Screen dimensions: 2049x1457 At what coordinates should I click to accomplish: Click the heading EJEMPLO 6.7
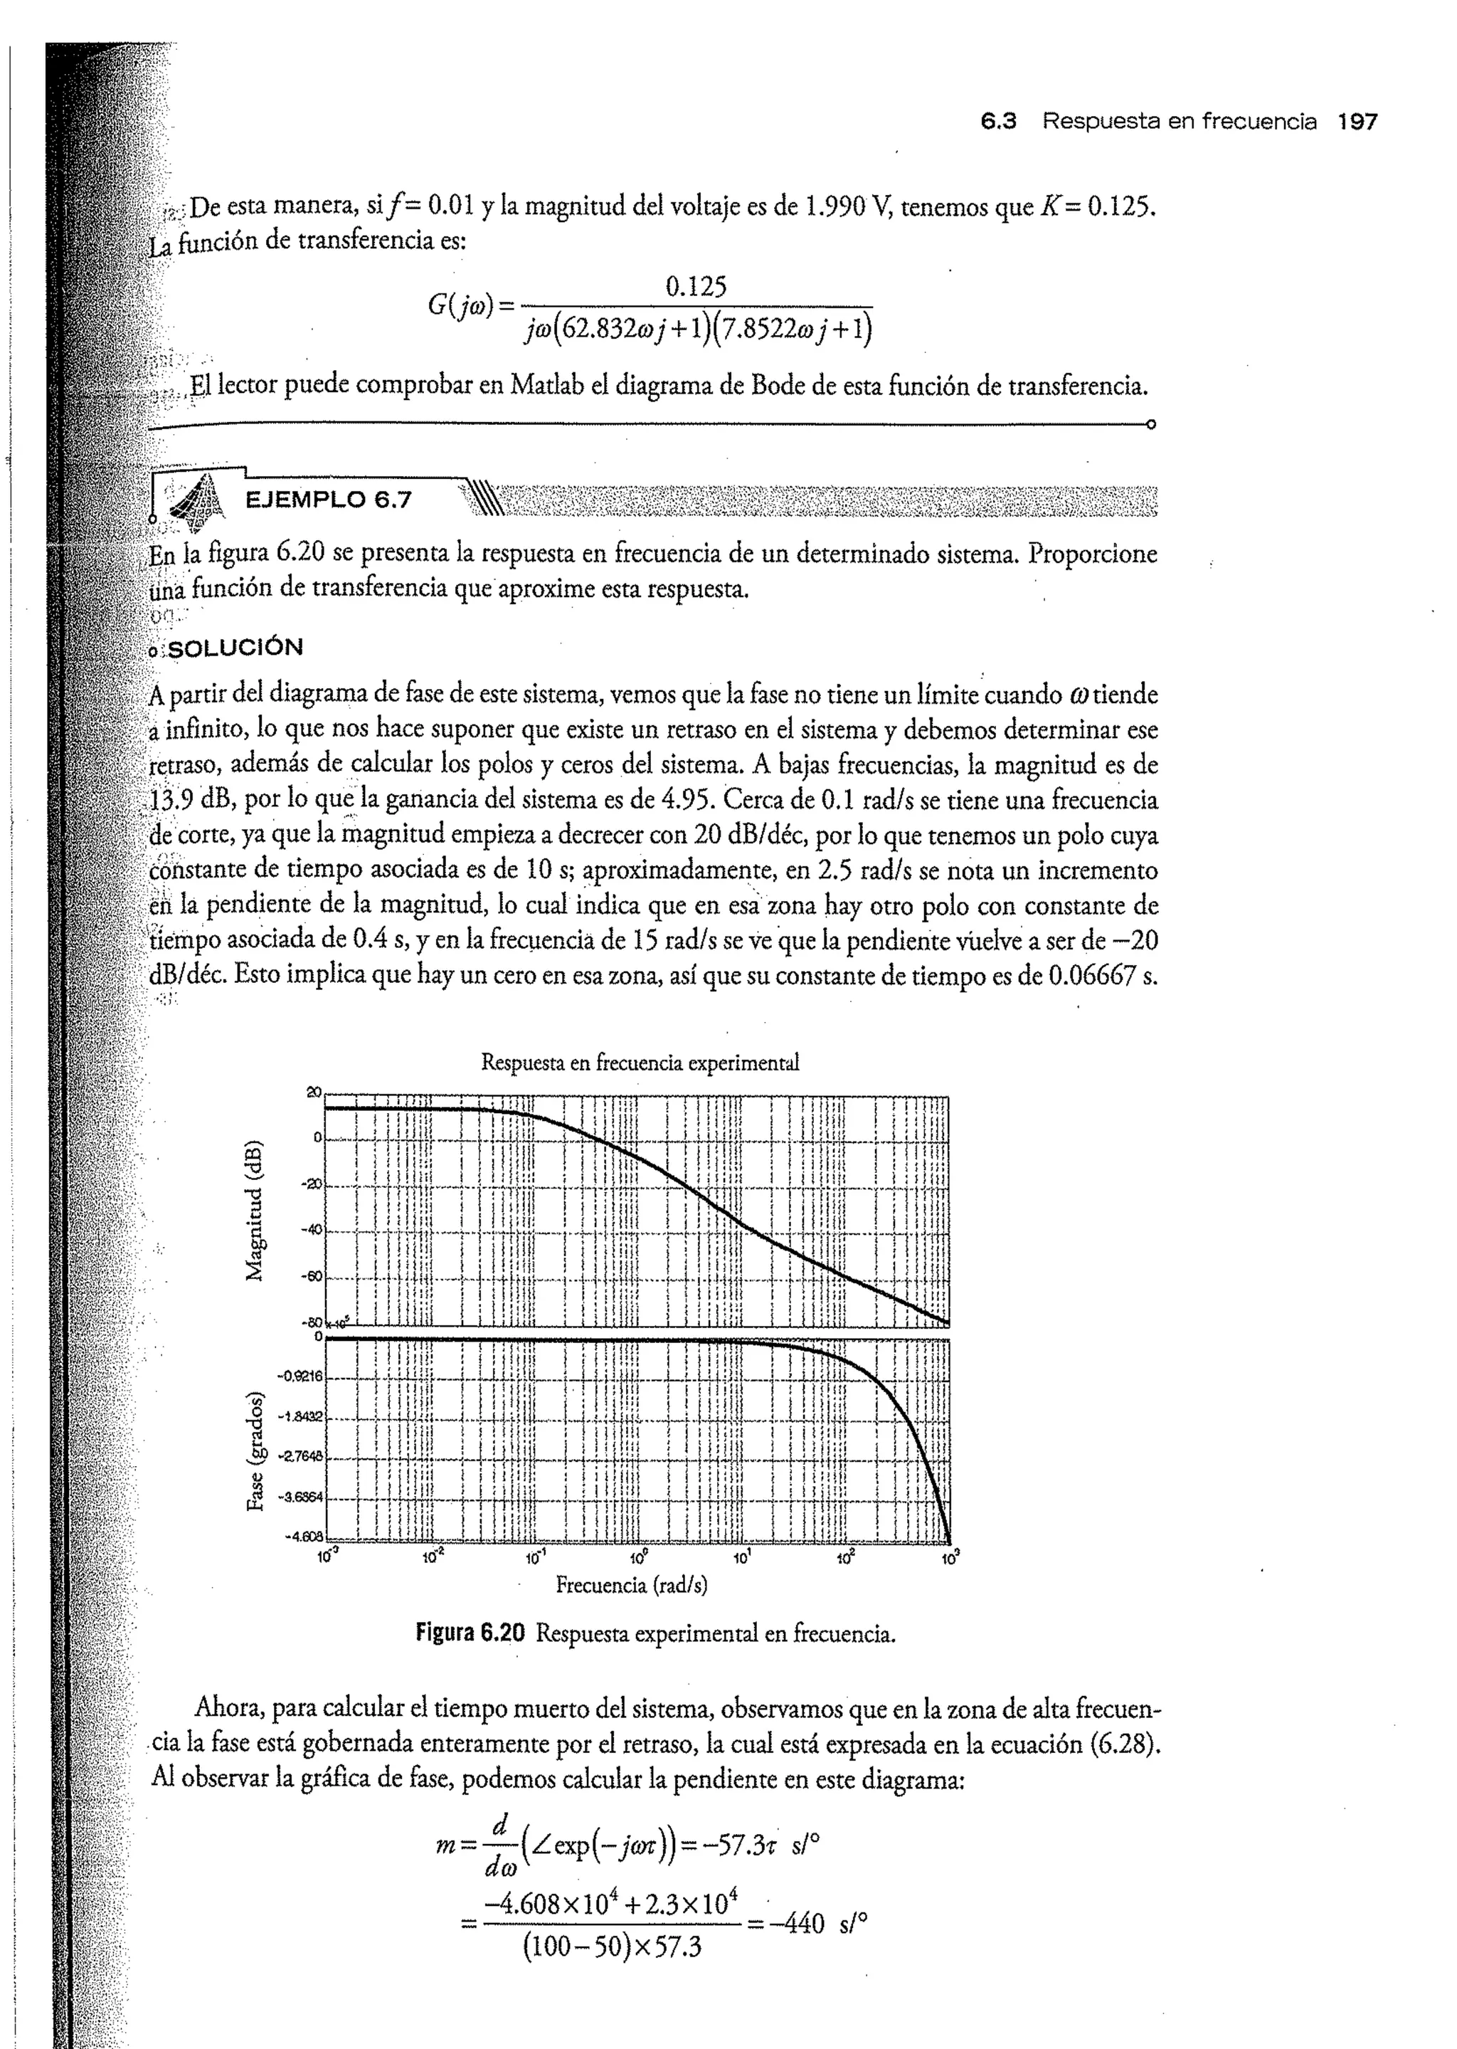pyautogui.click(x=329, y=500)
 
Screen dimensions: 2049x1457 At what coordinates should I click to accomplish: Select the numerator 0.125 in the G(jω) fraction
pyautogui.click(x=696, y=288)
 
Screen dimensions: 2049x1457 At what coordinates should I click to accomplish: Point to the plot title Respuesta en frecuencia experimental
pyautogui.click(x=640, y=1063)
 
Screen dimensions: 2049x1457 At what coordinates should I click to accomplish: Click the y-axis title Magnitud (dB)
pyautogui.click(x=255, y=1209)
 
